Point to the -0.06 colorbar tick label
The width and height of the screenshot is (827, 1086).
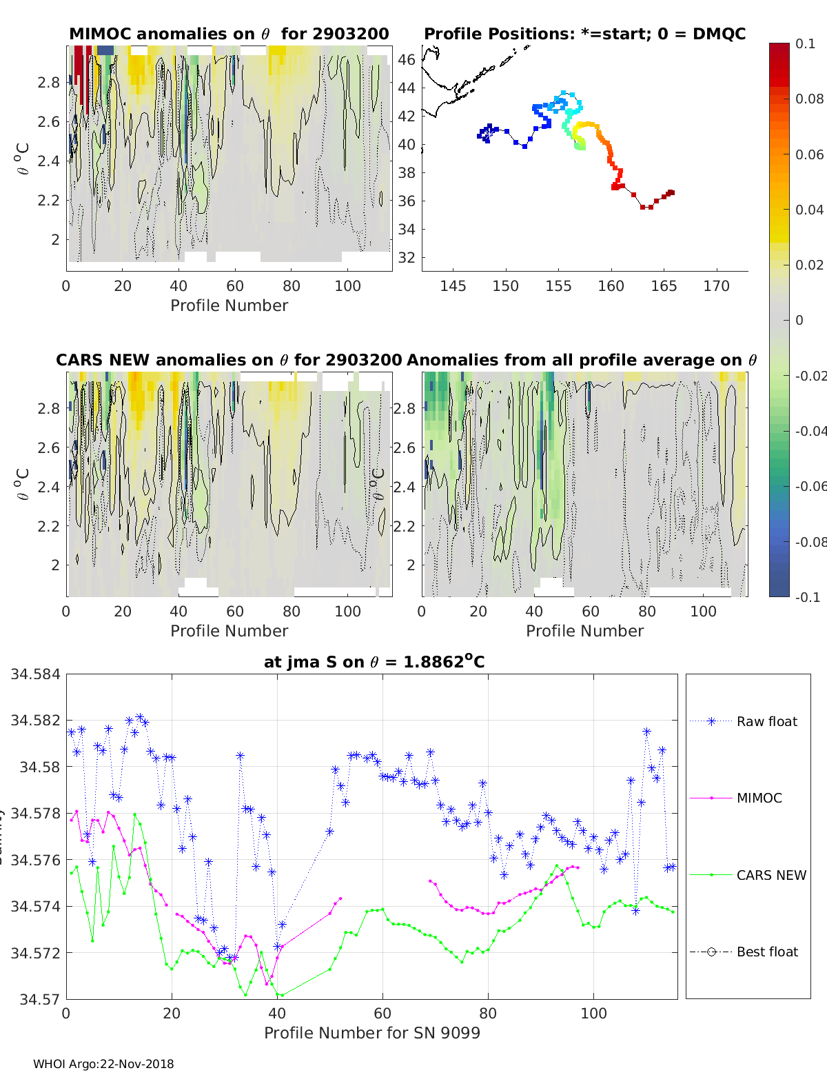click(x=810, y=487)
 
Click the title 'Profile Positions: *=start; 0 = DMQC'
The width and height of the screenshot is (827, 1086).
click(x=584, y=34)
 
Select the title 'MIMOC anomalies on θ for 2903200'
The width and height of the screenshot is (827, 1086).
click(x=229, y=34)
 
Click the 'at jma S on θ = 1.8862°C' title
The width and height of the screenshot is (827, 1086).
click(x=374, y=662)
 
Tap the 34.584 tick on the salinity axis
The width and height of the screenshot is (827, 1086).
click(x=35, y=674)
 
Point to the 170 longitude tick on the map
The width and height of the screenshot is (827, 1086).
click(x=717, y=286)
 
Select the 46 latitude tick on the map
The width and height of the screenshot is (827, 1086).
click(x=407, y=60)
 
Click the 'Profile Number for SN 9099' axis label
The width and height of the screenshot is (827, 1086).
click(x=372, y=1033)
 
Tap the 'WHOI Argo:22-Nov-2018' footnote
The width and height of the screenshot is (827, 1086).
click(x=103, y=1064)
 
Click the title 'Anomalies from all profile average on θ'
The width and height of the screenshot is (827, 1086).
click(x=582, y=360)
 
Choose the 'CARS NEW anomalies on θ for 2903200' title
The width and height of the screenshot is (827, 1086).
click(x=229, y=360)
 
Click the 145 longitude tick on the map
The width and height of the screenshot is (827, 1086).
click(x=453, y=286)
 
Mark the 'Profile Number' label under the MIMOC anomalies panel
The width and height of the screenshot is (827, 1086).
click(x=229, y=305)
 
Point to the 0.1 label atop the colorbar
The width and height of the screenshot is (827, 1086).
click(x=805, y=43)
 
